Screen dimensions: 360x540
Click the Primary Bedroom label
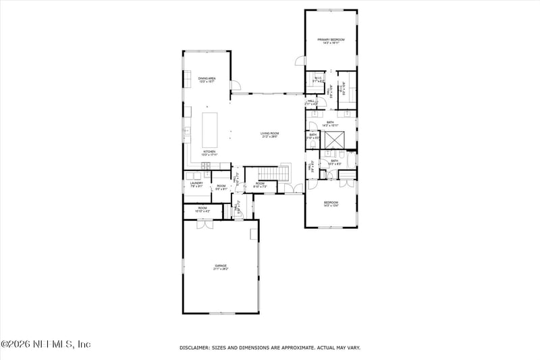331,41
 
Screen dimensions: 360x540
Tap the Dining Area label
207,80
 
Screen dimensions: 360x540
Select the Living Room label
270,135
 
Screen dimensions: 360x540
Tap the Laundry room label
196,184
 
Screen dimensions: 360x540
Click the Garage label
221,267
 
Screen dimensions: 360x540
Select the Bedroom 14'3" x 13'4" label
331,204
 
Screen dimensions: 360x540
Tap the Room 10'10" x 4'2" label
202,210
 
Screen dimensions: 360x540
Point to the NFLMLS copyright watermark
45,344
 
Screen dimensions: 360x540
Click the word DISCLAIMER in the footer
196,348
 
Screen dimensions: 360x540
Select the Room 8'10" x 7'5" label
261,186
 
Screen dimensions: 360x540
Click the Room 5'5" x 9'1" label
221,188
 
